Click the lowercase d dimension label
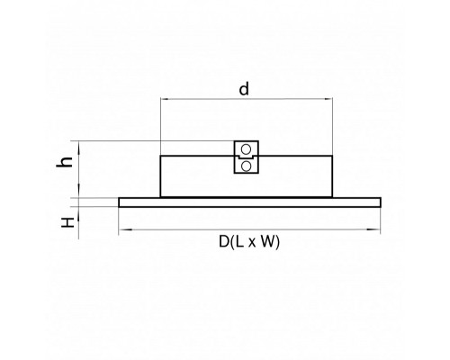click(x=244, y=89)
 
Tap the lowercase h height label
click(x=65, y=162)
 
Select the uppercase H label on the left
click(x=67, y=222)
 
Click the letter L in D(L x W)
click(x=239, y=241)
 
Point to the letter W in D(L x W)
click(x=267, y=241)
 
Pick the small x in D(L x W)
click(x=251, y=243)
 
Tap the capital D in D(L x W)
click(x=224, y=241)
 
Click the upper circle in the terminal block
click(x=246, y=149)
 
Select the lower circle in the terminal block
click(x=246, y=166)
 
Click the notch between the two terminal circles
click(x=246, y=157)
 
